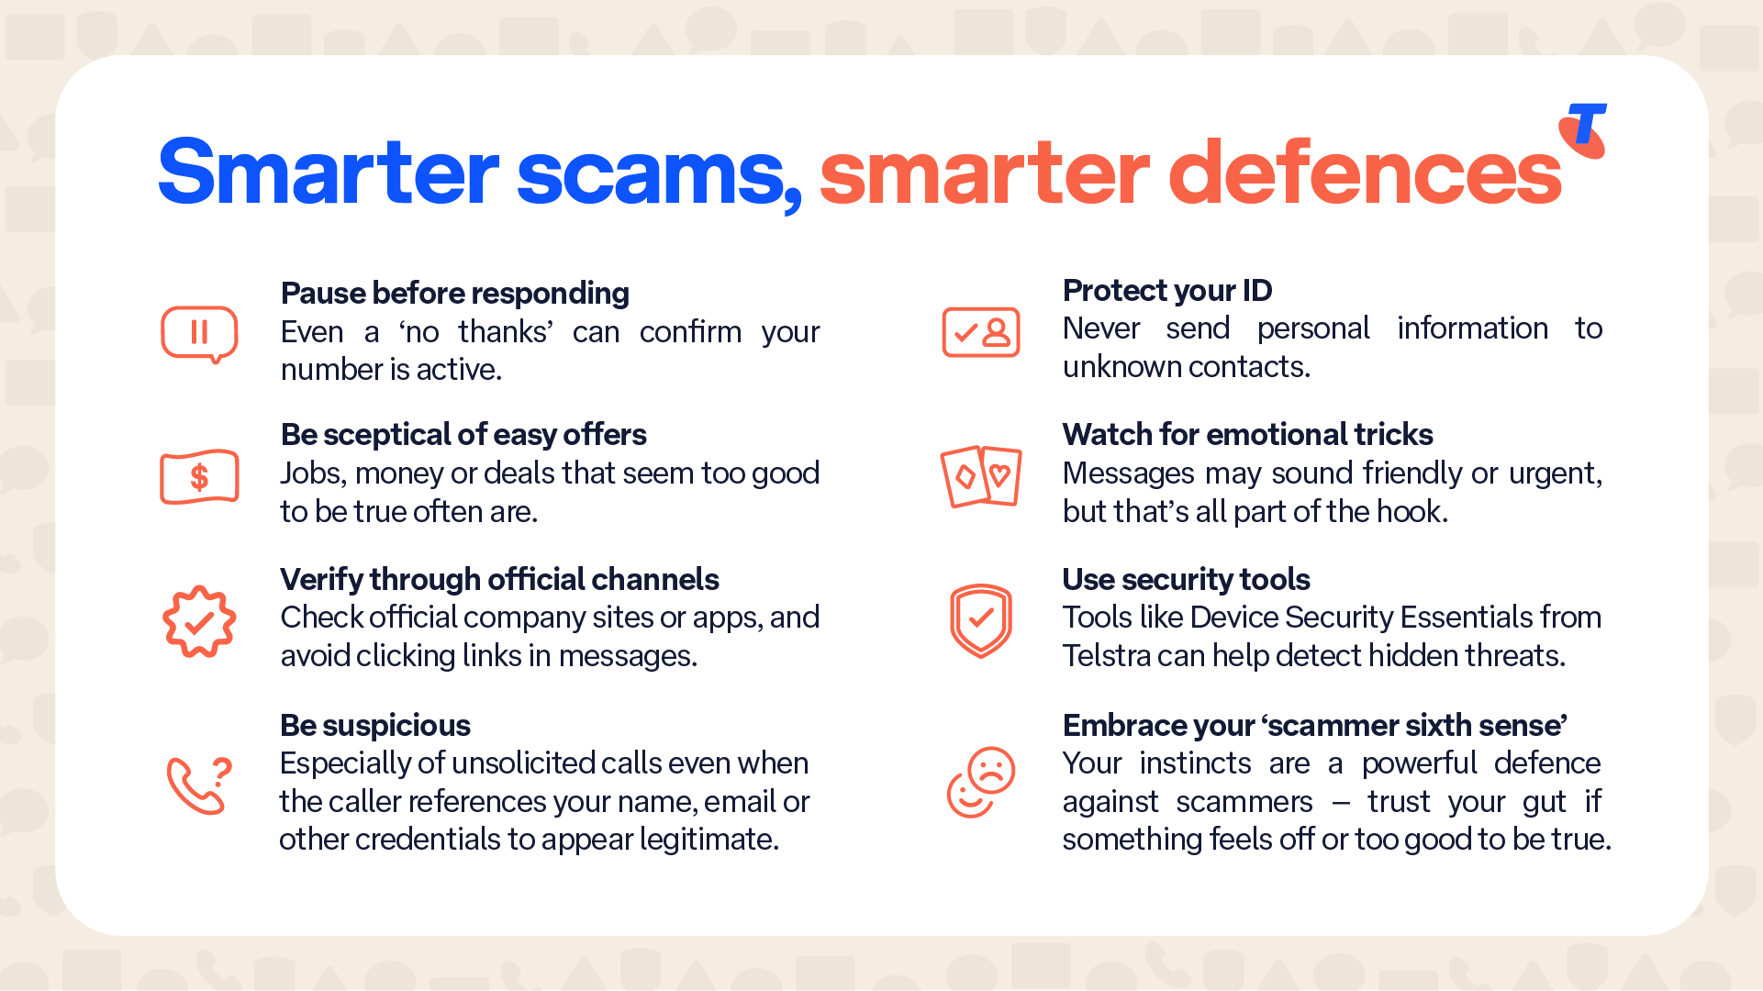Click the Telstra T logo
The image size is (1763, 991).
point(1583,130)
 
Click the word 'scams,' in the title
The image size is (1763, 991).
point(659,174)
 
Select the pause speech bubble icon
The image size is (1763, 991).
point(199,334)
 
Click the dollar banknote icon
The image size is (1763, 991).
point(199,477)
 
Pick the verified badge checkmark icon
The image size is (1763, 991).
point(199,621)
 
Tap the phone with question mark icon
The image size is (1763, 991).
point(199,785)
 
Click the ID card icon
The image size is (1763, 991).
point(981,332)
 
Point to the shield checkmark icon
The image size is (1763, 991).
point(981,621)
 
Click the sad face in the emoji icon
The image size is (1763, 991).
point(991,771)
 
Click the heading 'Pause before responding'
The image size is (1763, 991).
point(455,294)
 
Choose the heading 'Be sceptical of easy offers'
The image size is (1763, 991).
point(463,435)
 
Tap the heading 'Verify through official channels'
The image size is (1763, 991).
point(499,580)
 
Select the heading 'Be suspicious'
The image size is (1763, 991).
point(375,726)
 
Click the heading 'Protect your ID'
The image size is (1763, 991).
point(1167,291)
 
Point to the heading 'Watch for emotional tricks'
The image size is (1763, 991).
point(1248,435)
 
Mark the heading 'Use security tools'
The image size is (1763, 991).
point(1186,580)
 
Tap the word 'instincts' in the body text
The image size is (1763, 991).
point(1196,763)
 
